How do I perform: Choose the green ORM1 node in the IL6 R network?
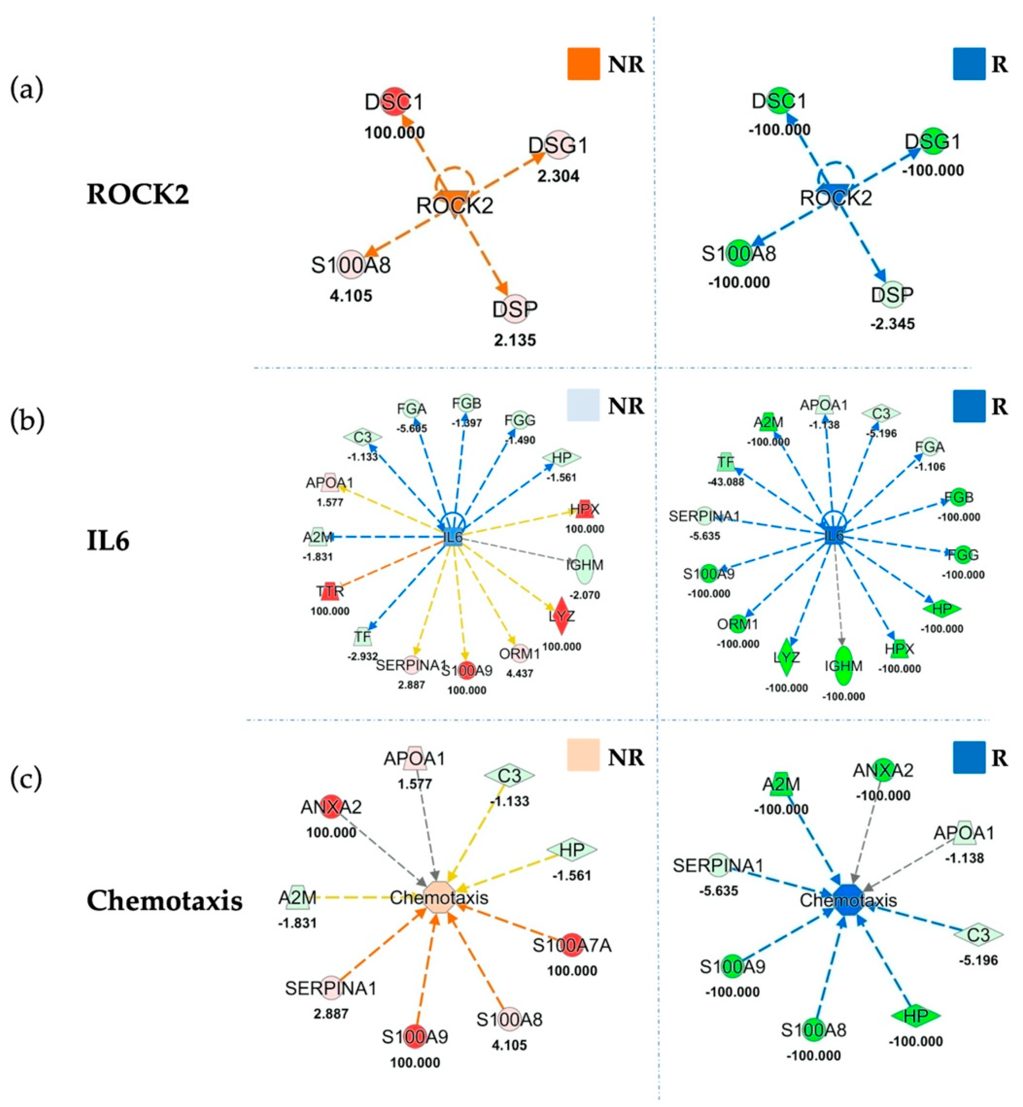738,624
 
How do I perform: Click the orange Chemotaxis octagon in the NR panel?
439,897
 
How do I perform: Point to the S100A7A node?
571,946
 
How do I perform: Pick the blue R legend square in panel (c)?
969,757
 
